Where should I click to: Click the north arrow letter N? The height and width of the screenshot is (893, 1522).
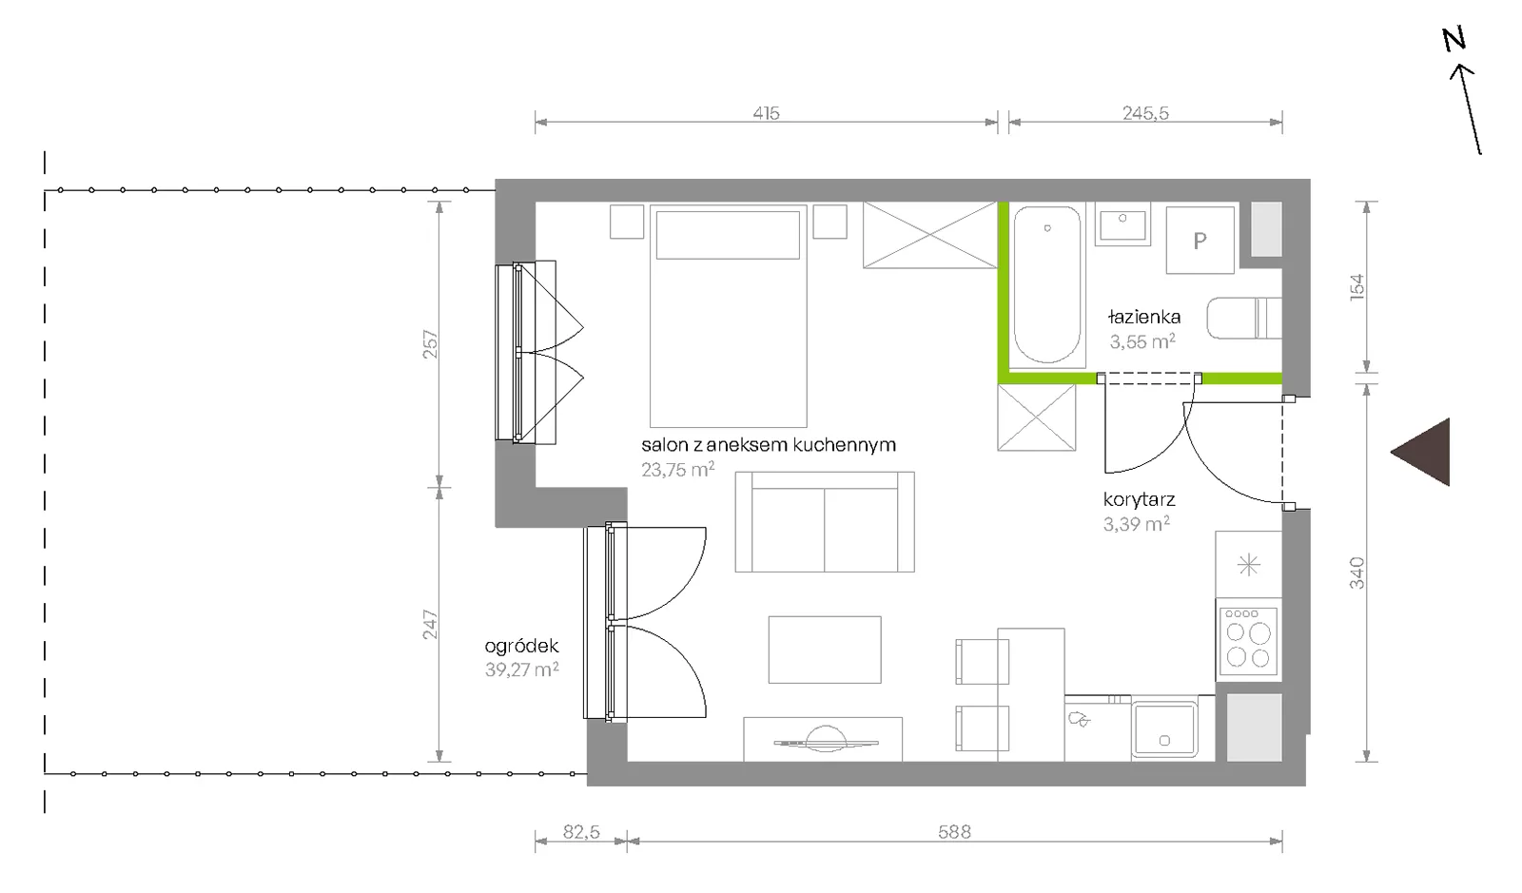(x=1454, y=39)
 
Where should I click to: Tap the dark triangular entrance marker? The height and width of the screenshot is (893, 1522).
(x=1427, y=452)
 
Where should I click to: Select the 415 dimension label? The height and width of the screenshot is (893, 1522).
(x=766, y=113)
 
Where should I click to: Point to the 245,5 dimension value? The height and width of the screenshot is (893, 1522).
(x=1145, y=113)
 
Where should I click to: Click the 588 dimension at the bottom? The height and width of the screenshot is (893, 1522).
(x=954, y=832)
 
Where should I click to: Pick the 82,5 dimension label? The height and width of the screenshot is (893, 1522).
(x=581, y=832)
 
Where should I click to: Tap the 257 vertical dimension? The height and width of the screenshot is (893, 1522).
(x=431, y=344)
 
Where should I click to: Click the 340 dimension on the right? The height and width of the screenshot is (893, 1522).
(x=1356, y=573)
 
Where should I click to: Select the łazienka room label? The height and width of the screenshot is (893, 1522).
(x=1144, y=317)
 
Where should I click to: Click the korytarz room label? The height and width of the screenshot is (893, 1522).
(x=1140, y=500)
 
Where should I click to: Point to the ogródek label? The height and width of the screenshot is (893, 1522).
(x=521, y=646)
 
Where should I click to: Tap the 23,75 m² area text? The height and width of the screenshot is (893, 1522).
(x=677, y=469)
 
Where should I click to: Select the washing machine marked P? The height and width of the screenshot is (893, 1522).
(x=1200, y=240)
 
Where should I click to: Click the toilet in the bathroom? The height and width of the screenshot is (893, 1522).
(x=1244, y=318)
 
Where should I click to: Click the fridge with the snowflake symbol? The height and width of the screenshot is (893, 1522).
(x=1249, y=564)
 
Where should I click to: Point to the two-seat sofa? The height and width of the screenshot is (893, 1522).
(x=825, y=521)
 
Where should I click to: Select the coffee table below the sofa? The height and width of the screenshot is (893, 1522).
(x=825, y=650)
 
